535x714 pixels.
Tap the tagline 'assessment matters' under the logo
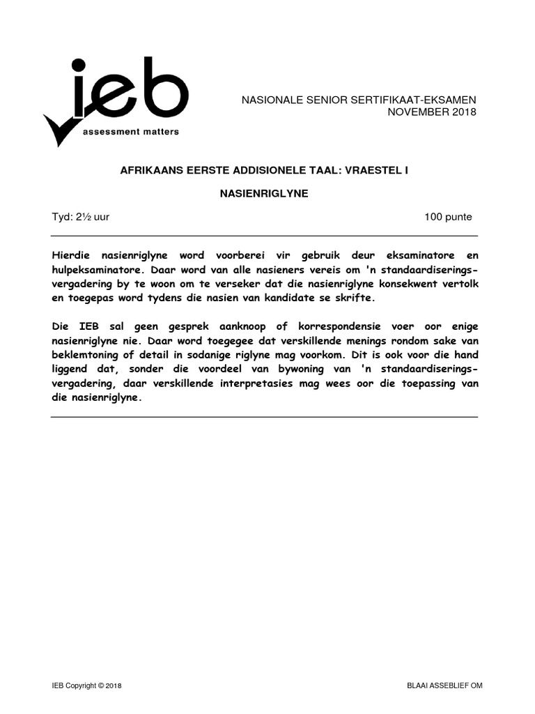point(130,131)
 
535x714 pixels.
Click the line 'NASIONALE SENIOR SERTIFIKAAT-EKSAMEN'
point(358,100)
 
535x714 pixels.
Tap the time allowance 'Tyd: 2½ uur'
point(80,217)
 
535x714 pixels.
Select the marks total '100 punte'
point(448,217)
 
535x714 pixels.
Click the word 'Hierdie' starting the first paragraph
point(71,256)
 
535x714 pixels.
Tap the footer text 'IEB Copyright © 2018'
point(86,686)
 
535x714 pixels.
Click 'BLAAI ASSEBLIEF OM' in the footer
point(444,686)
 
